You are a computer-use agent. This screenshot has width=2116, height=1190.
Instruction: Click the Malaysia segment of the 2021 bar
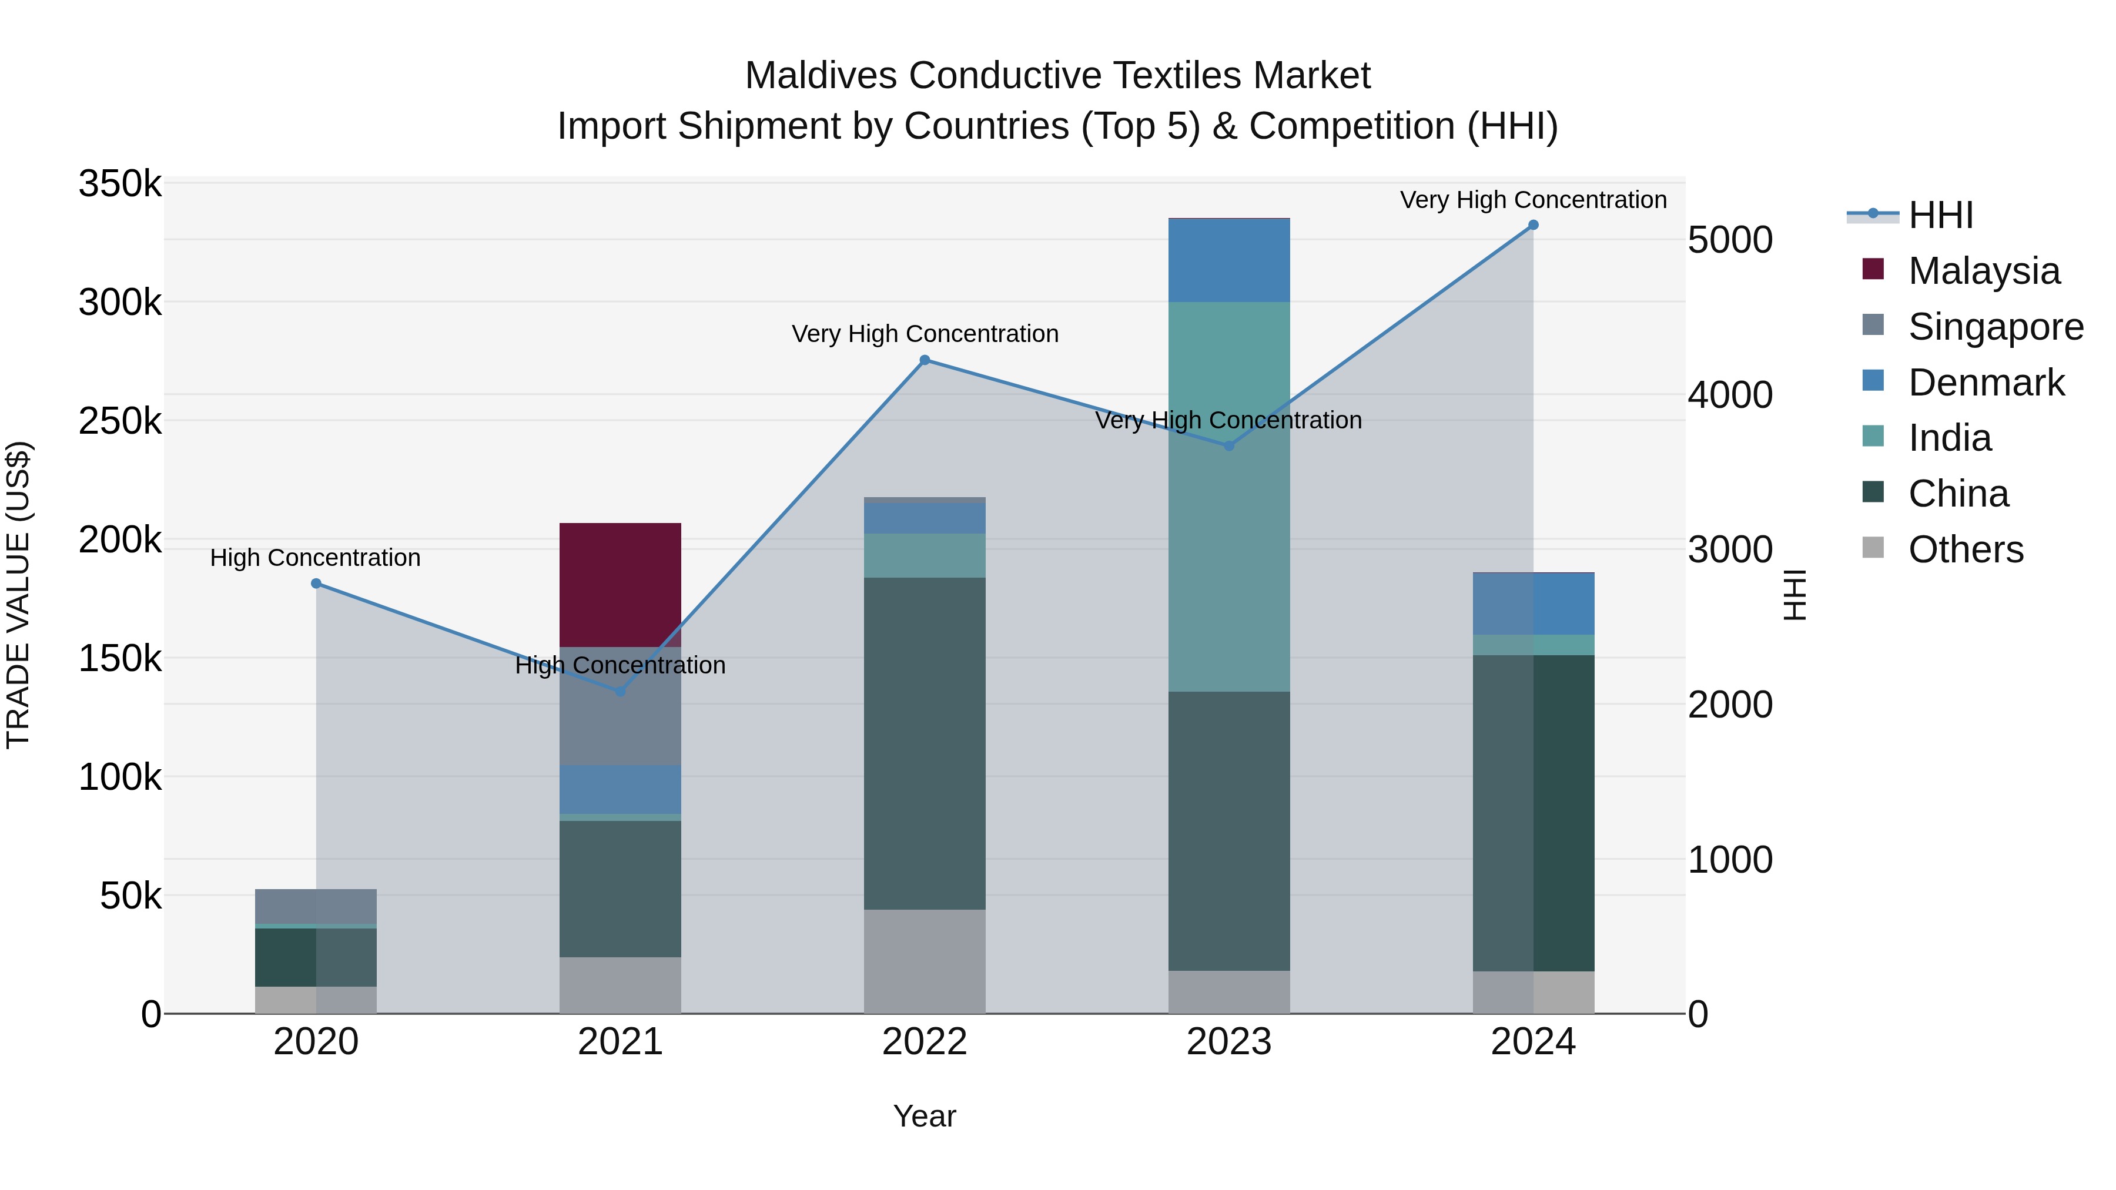tap(620, 584)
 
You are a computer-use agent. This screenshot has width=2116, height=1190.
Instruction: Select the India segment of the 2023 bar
tap(1229, 496)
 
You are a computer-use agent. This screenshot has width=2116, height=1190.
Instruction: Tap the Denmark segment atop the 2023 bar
tap(1229, 260)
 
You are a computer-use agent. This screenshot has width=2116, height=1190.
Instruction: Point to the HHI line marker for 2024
tap(1533, 225)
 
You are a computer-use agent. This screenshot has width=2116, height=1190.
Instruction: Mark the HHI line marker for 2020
tap(316, 583)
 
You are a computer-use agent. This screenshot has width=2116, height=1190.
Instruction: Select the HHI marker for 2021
tap(620, 692)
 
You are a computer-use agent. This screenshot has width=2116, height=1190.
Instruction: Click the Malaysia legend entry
tap(1983, 271)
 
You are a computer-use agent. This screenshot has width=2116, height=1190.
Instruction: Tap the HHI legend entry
tap(1940, 215)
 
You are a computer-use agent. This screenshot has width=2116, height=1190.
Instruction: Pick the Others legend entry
tap(1965, 549)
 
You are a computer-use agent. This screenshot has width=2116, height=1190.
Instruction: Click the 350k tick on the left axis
tap(120, 184)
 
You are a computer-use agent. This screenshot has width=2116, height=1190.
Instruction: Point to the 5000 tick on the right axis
tap(1730, 240)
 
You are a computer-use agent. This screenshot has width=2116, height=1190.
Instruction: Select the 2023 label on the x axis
tap(1229, 1042)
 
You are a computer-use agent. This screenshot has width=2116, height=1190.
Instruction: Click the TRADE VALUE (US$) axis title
tap(18, 595)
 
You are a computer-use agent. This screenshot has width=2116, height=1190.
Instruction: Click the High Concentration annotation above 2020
tap(316, 558)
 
